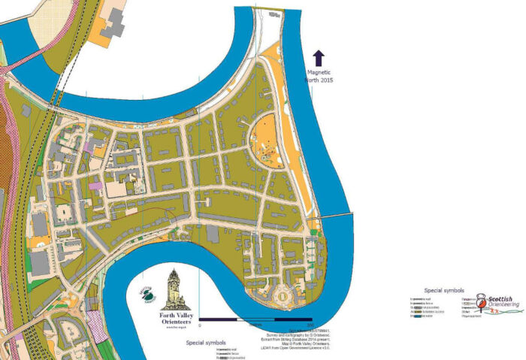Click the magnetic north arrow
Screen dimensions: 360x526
318,58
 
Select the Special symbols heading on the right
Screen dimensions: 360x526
444,289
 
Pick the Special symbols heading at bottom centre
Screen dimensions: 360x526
207,342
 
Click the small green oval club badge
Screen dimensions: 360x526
147,296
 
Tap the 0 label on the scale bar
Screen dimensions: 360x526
200,326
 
